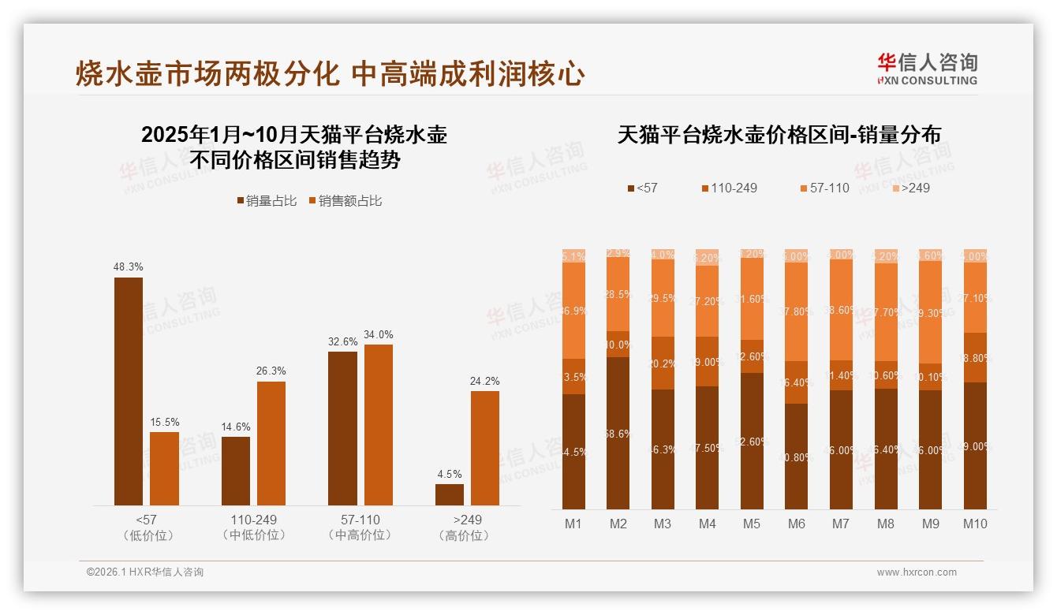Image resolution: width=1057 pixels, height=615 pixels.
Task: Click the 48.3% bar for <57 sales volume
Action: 129,391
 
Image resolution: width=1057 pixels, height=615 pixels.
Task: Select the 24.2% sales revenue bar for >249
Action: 485,448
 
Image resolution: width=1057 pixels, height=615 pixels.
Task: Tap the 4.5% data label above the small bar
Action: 449,474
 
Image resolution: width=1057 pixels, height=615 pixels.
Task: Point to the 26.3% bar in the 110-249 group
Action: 271,443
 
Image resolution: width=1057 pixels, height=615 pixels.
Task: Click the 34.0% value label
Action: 378,334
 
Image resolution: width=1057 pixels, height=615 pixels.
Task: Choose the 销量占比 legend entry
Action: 267,201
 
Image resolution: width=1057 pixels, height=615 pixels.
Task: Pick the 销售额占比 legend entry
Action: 345,201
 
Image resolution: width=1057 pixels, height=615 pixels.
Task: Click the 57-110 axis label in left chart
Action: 360,520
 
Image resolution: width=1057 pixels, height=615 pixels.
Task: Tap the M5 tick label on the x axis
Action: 752,524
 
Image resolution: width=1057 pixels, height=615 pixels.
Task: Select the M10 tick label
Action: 975,524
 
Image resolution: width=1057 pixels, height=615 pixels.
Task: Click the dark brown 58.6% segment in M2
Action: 618,433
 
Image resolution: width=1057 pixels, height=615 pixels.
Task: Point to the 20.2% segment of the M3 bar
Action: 663,363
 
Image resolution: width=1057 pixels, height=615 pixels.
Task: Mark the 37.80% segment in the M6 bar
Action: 797,311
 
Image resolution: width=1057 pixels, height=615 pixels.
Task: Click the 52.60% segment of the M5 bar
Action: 752,441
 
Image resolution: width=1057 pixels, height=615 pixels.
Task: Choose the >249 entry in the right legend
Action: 910,188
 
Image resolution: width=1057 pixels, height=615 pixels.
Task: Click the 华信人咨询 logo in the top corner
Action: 927,68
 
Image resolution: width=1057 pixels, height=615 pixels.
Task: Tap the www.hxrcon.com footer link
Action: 917,572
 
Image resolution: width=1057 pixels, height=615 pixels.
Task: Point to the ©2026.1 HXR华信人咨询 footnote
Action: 145,572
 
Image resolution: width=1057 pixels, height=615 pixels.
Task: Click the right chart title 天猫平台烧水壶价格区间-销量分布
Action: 779,135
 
